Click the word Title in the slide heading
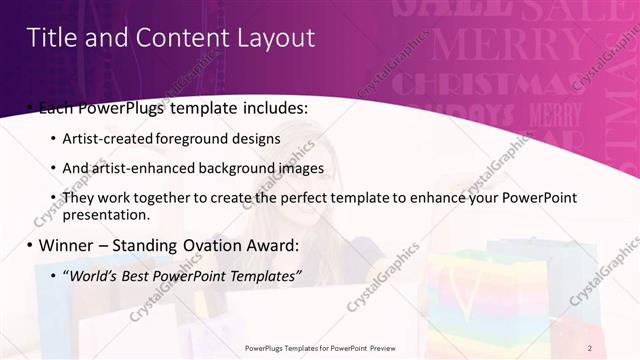(x=48, y=38)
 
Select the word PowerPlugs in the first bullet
(x=111, y=105)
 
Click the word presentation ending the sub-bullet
(x=104, y=214)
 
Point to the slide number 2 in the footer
(x=590, y=347)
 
